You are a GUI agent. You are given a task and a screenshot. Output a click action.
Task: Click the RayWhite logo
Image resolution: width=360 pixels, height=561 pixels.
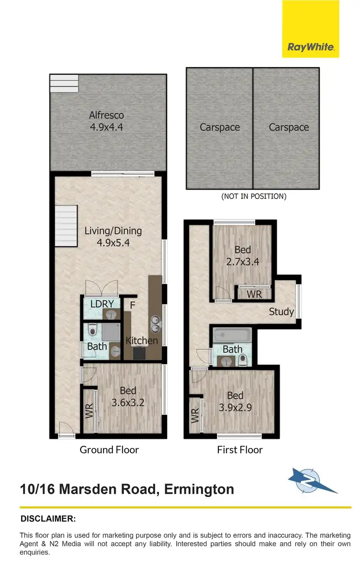(311, 47)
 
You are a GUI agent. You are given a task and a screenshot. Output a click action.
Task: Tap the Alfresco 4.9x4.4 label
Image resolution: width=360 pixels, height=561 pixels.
(106, 121)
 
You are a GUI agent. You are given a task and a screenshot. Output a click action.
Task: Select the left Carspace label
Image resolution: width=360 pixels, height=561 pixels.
(220, 127)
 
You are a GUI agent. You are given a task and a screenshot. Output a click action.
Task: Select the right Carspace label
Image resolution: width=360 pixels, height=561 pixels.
(289, 127)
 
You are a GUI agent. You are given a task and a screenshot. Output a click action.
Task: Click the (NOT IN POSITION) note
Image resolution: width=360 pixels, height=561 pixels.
(253, 196)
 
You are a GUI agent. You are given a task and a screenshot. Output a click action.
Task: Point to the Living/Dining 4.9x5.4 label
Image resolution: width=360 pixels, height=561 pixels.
(113, 236)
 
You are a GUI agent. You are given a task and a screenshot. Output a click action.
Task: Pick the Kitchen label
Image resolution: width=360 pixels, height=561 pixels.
(142, 341)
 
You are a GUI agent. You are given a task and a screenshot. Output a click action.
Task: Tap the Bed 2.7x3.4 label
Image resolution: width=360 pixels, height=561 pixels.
(242, 256)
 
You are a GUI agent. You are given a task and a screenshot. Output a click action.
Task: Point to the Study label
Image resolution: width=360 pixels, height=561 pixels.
(281, 312)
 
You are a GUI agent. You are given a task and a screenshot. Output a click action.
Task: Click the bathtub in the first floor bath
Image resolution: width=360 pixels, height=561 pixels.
(231, 334)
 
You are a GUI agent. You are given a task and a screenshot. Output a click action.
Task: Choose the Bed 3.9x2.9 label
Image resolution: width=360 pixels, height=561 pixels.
(235, 402)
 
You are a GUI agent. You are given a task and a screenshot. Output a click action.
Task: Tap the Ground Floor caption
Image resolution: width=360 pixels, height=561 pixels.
(109, 450)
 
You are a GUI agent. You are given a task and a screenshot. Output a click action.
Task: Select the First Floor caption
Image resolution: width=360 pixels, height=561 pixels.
(240, 450)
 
